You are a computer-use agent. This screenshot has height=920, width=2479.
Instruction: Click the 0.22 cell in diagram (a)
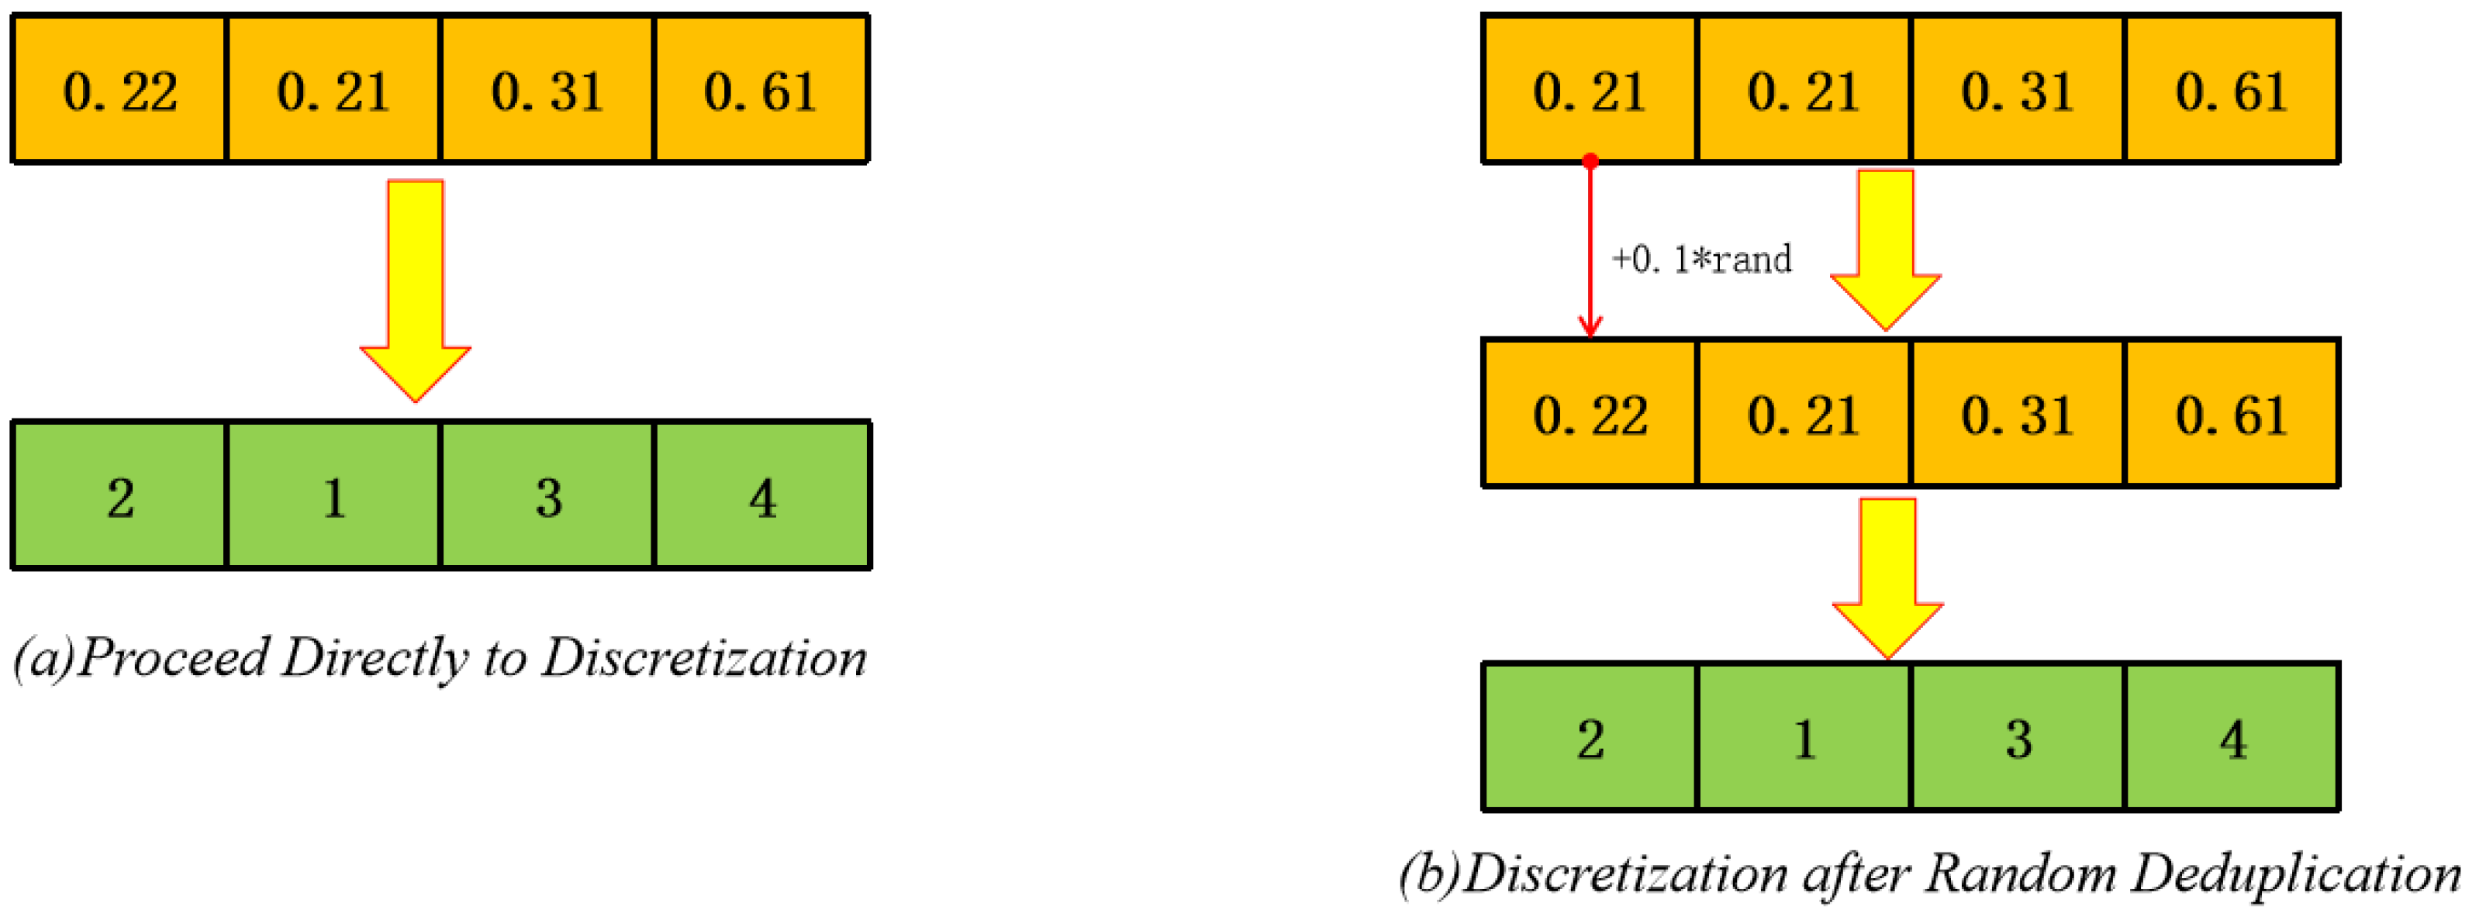coord(119,89)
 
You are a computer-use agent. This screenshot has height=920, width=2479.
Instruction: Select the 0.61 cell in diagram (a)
coord(761,89)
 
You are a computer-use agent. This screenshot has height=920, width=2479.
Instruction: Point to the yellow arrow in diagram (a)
coord(416,288)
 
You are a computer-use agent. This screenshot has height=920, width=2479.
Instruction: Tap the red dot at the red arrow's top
coord(1590,160)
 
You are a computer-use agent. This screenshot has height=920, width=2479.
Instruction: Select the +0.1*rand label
coord(1701,259)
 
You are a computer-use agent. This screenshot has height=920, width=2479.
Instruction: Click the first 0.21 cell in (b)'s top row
coord(1590,89)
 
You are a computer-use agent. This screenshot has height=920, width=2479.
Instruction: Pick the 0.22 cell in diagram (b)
coord(1590,414)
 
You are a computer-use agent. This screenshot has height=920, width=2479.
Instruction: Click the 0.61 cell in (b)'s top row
coord(2232,89)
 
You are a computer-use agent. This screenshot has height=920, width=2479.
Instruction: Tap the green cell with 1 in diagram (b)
coord(1804,738)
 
